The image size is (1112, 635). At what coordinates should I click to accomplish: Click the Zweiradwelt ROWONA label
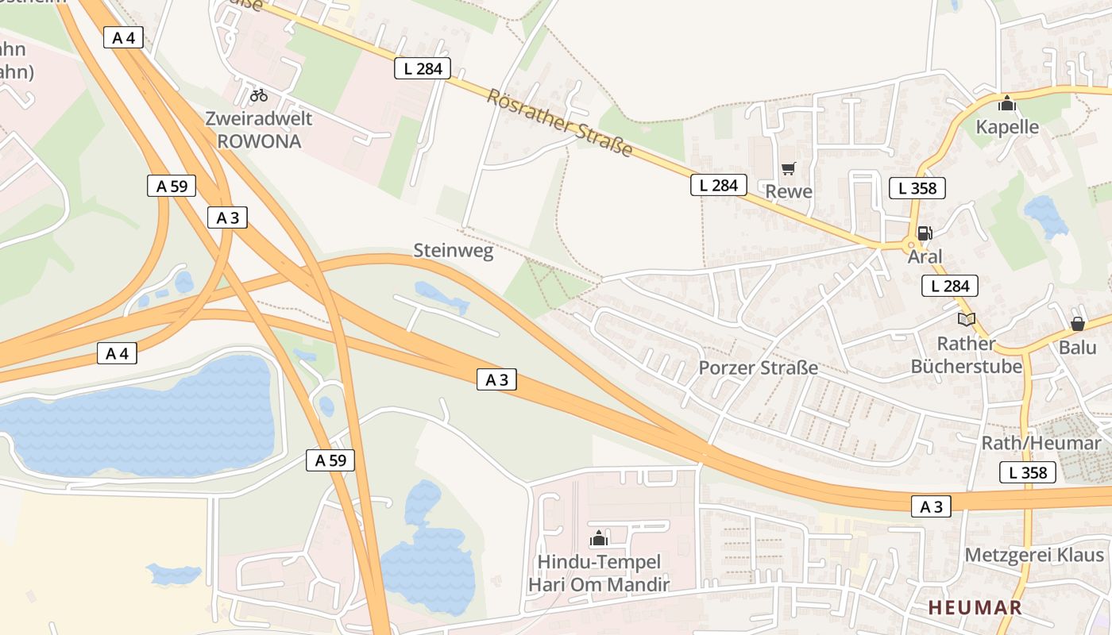(x=259, y=130)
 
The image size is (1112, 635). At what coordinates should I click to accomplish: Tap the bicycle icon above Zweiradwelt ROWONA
(x=259, y=95)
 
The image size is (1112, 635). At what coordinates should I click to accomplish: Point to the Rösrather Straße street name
(x=559, y=122)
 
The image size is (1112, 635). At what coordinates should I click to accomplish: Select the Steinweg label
(x=453, y=251)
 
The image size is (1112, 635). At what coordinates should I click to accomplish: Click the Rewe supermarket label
(x=789, y=191)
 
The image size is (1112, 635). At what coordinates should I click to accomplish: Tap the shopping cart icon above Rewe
(x=788, y=168)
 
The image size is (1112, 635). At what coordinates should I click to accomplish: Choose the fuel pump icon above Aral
(x=925, y=233)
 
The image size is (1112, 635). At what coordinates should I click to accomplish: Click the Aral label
(x=925, y=256)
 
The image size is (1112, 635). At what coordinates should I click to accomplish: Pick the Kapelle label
(x=1007, y=127)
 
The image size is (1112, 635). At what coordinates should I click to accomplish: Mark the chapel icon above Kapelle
(x=1007, y=103)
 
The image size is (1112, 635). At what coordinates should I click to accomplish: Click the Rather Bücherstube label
(x=966, y=355)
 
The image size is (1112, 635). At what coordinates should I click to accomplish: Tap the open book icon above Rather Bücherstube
(x=966, y=319)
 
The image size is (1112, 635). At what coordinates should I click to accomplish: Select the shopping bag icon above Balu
(x=1077, y=324)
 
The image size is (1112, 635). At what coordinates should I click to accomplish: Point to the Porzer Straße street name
(x=758, y=368)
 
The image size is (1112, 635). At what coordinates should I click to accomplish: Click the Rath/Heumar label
(x=1041, y=443)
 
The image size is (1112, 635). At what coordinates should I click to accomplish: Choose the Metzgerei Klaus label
(x=1034, y=555)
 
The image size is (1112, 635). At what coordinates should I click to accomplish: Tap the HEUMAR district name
(x=975, y=607)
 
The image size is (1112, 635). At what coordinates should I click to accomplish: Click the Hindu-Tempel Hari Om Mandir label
(x=599, y=573)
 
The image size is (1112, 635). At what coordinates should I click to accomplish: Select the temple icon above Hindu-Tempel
(x=599, y=538)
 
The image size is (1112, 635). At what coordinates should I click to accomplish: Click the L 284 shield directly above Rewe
(x=719, y=185)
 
